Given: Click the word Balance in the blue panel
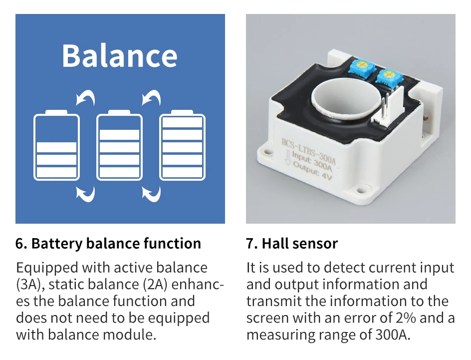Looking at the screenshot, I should tap(120, 55).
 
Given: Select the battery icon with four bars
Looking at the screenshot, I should tap(119, 146).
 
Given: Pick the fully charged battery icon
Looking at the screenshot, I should tap(182, 146).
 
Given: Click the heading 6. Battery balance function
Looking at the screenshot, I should tap(108, 244).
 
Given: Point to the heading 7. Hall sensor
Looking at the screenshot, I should tap(292, 244).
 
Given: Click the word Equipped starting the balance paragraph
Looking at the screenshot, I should tap(47, 268).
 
